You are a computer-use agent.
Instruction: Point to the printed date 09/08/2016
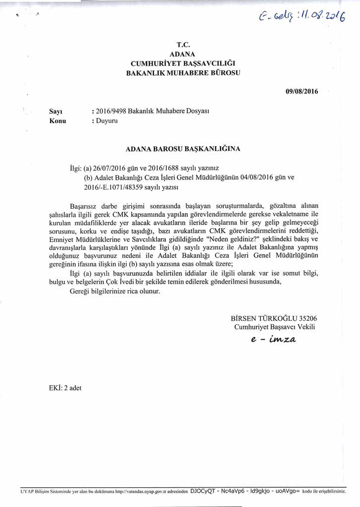(x=302, y=91)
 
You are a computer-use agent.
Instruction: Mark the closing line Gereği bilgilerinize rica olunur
(x=115, y=291)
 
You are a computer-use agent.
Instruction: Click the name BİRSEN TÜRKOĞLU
(x=261, y=318)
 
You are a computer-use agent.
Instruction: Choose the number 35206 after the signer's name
(x=307, y=318)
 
